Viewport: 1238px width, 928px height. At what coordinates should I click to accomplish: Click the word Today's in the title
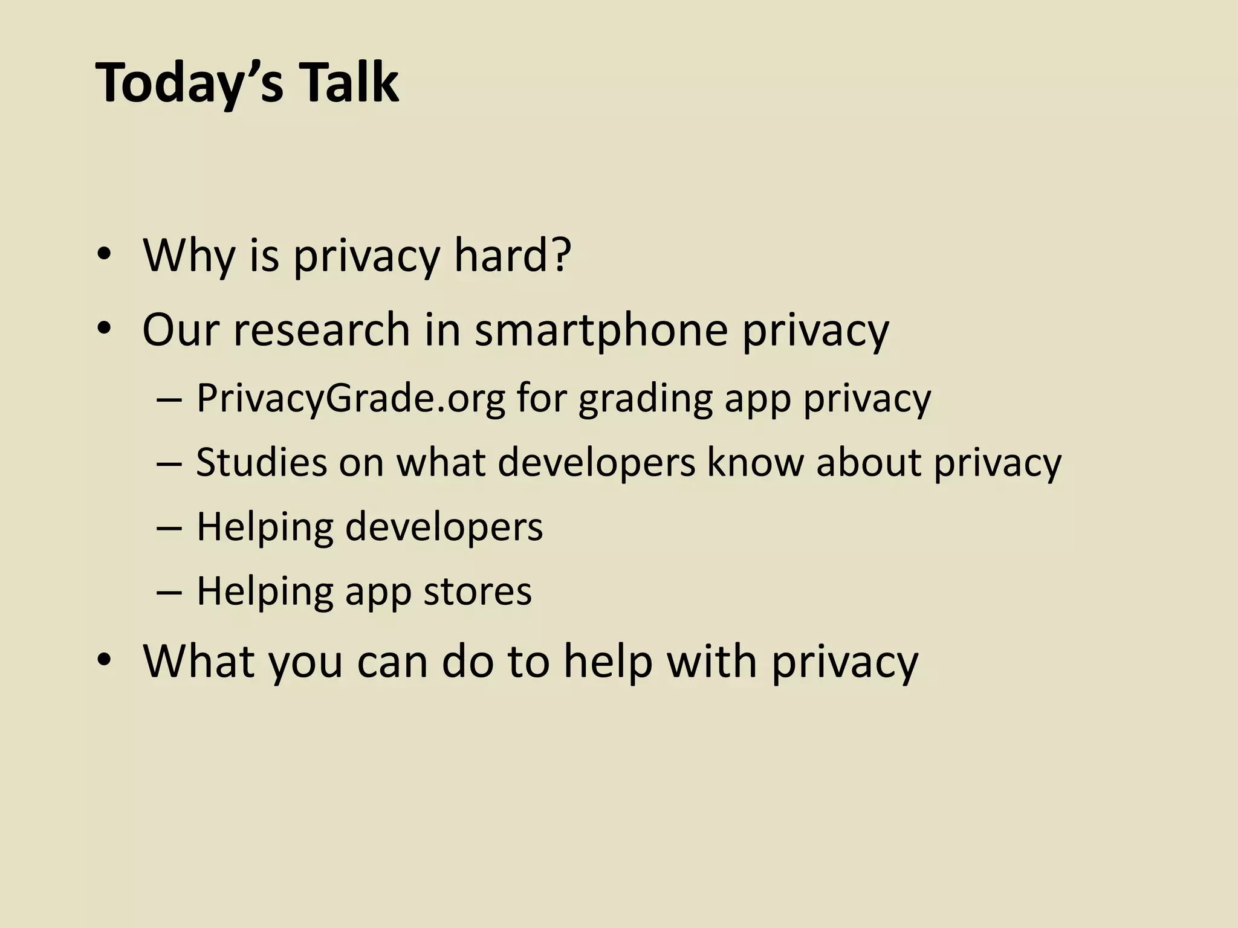189,83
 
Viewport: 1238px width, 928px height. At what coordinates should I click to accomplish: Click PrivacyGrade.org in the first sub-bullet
351,399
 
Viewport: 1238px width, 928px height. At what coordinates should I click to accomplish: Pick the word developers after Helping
444,527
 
